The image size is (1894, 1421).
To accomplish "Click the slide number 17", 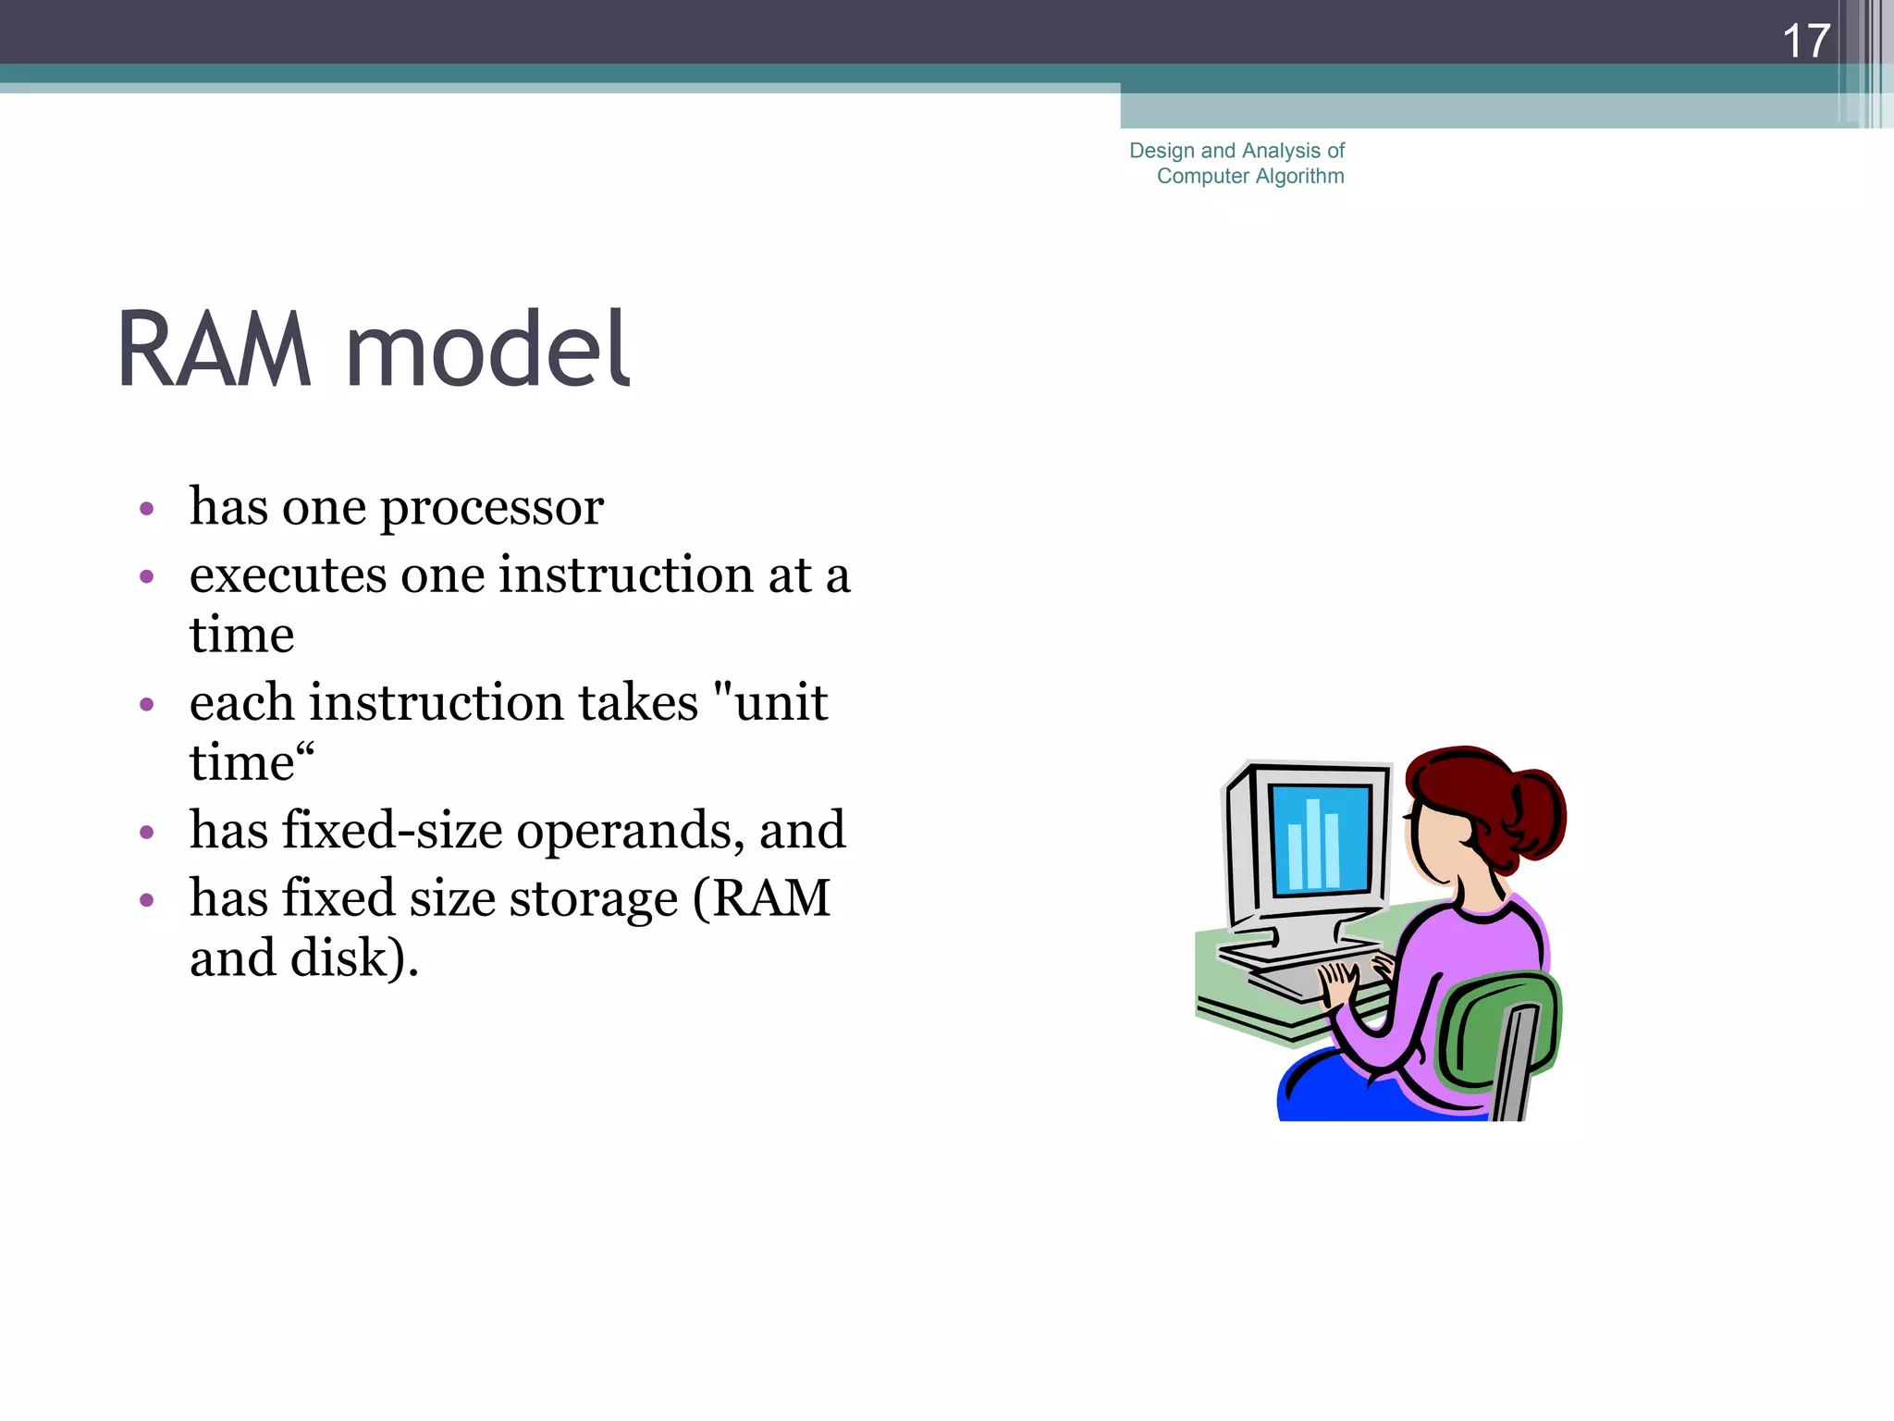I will tap(1805, 42).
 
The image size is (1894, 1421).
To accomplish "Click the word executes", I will tap(287, 575).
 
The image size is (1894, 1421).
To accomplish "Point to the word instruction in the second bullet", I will tap(626, 575).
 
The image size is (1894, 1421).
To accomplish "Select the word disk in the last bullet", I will tap(338, 958).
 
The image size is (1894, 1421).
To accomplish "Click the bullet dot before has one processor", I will tap(146, 509).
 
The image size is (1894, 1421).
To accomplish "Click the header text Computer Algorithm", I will tap(1250, 176).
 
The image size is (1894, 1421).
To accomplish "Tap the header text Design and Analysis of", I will tap(1236, 150).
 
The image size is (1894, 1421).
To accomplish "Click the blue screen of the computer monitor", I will tap(1319, 838).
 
